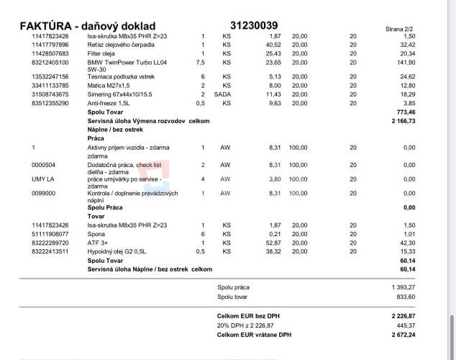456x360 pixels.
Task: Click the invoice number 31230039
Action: click(x=254, y=25)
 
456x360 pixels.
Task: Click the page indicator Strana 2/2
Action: click(x=400, y=29)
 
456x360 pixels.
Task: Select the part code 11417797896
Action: click(x=50, y=45)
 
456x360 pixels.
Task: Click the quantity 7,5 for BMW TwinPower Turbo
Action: click(x=201, y=63)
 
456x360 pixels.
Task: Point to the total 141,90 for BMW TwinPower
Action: click(x=407, y=63)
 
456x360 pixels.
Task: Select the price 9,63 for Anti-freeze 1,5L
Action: click(x=275, y=103)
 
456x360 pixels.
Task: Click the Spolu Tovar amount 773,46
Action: click(x=406, y=112)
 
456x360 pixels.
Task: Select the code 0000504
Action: click(x=45, y=165)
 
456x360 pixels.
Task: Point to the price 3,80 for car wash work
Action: click(x=275, y=179)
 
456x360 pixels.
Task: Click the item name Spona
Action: click(x=97, y=234)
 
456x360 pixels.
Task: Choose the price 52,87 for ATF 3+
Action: click(x=273, y=243)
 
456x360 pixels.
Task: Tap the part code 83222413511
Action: click(x=50, y=251)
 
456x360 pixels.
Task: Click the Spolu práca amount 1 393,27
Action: click(x=403, y=287)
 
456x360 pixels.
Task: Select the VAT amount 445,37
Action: click(x=406, y=325)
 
